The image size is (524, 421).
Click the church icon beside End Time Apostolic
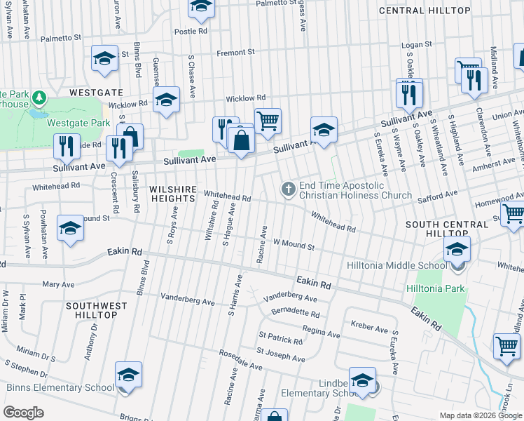(288, 188)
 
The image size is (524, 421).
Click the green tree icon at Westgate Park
(39, 96)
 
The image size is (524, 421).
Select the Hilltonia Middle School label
(397, 265)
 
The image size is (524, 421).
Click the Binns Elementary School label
(60, 387)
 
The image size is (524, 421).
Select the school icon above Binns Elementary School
(128, 375)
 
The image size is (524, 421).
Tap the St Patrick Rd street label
(280, 340)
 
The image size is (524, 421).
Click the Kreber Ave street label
(369, 328)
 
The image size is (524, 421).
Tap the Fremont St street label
(235, 53)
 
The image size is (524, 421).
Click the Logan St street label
(417, 44)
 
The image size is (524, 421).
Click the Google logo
(23, 413)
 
